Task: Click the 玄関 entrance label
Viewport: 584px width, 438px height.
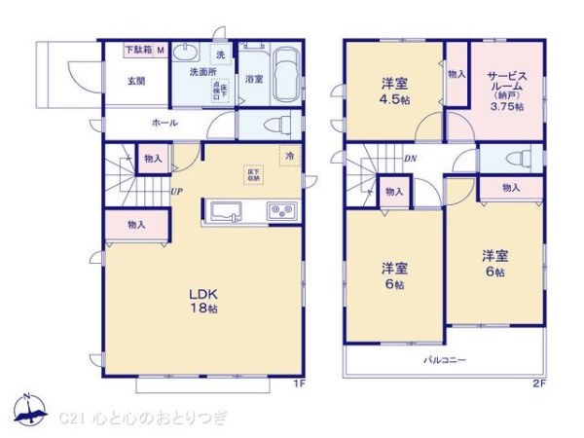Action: (x=135, y=82)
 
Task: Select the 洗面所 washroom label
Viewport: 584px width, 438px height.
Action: (x=201, y=72)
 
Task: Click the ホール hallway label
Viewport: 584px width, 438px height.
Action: (x=164, y=123)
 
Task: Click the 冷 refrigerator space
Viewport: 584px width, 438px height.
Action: (x=289, y=155)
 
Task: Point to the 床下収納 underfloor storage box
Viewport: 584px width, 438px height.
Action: (x=253, y=175)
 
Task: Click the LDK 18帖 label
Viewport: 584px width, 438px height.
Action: (x=201, y=299)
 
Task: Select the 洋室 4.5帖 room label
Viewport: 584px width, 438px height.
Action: (x=392, y=89)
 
